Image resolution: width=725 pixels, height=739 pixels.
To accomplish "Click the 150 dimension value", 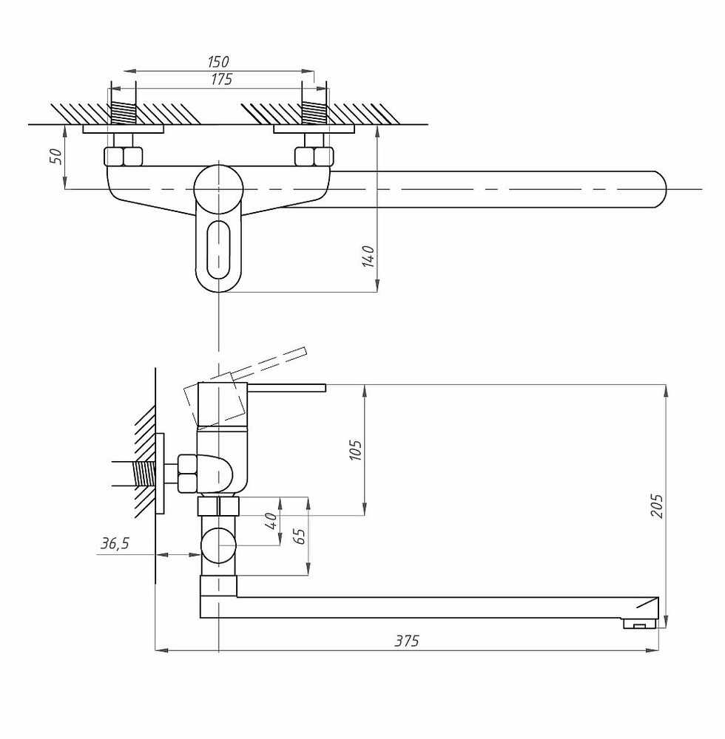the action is coord(218,62).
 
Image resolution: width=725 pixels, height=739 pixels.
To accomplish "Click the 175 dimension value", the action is coord(221,79).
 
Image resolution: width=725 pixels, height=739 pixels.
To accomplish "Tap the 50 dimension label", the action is coord(55,156).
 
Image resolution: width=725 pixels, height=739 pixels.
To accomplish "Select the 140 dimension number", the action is coord(368,256).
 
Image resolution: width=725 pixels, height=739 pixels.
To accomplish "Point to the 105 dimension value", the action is coord(356,451).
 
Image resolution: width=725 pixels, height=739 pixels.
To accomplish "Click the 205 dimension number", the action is coord(657,506).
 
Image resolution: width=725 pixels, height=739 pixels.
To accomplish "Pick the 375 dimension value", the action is coord(407,641).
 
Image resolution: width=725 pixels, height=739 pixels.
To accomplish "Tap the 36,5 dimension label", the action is coord(115,544).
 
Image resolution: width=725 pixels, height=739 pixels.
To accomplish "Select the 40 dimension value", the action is coord(272,521).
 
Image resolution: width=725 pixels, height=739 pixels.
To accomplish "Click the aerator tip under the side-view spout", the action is coord(640,624).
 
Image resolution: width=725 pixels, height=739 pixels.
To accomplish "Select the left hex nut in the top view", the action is coord(123,157).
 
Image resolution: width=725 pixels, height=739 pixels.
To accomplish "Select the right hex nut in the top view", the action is coord(314,157).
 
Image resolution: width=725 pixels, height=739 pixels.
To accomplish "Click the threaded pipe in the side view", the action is coord(144,474).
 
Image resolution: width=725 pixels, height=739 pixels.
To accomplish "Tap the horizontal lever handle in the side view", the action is coord(286,388).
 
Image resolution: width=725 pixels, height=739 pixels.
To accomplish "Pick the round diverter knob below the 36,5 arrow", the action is coord(218,545).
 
